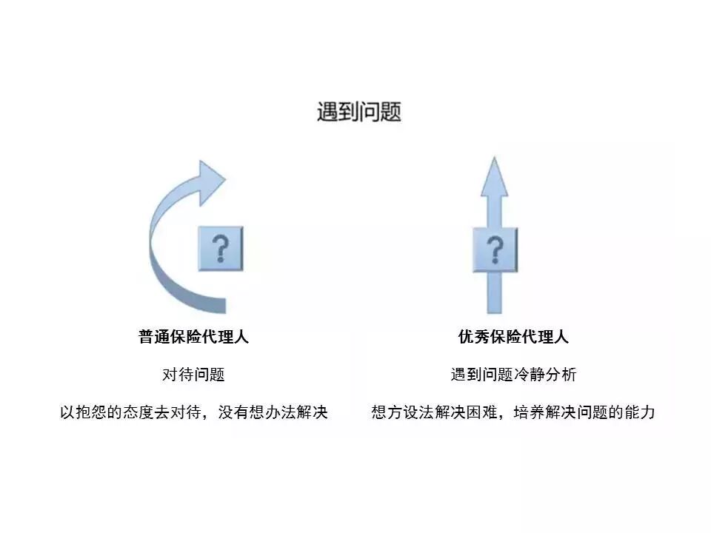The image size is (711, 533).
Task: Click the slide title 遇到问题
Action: pos(359,113)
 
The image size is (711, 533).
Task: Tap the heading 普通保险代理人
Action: pos(193,337)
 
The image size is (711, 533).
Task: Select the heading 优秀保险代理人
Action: pos(513,337)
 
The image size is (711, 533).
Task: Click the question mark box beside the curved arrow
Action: pos(220,248)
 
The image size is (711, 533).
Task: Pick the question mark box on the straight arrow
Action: pos(495,249)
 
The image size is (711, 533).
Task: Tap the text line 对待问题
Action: pos(193,375)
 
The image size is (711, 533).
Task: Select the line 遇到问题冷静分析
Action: pos(513,375)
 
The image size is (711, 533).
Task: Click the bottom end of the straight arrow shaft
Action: pos(495,311)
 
